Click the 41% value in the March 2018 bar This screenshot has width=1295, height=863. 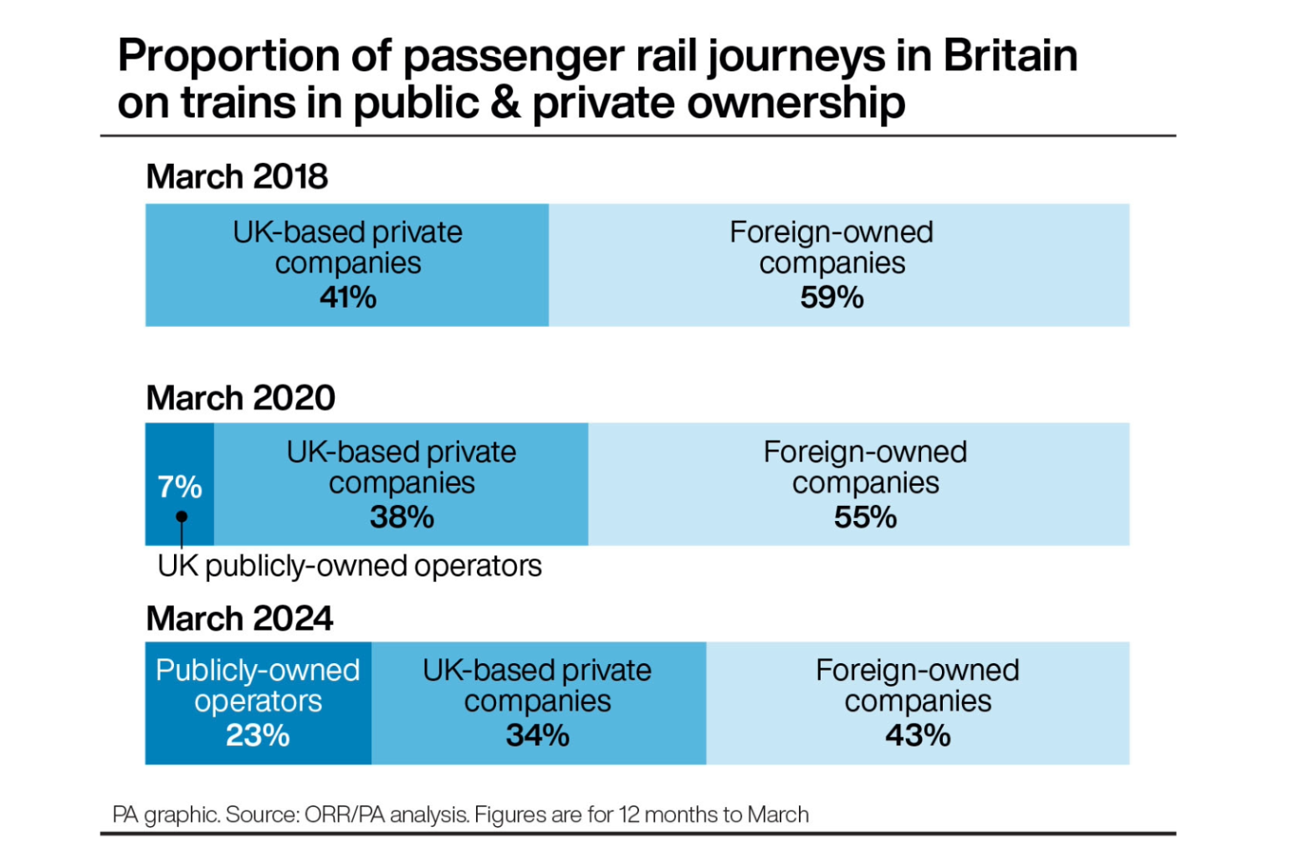coord(347,298)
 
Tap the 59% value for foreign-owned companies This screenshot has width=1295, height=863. coord(832,298)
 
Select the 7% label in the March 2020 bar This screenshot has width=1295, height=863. coord(180,487)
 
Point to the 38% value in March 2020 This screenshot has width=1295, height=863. coord(402,518)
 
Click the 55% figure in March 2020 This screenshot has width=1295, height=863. coord(865,518)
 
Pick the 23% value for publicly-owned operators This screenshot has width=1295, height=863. coord(258,736)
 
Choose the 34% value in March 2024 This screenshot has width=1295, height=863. coord(537,736)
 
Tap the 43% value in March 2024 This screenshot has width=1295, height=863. coord(918,736)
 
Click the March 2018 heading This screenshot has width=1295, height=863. coord(237,177)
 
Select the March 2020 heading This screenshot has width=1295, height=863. coord(240,398)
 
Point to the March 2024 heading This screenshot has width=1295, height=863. coord(239,619)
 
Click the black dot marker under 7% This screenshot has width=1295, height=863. coord(182,517)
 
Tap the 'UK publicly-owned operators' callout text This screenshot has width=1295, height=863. coord(350,566)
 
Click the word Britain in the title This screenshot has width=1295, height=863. coord(1011,56)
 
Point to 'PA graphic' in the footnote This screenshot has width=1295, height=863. coord(165,814)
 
